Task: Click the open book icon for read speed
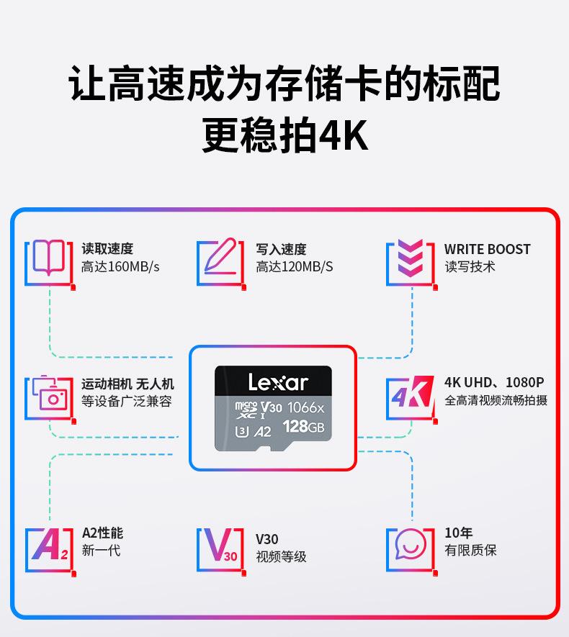coord(49,261)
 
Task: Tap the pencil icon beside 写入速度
coord(220,260)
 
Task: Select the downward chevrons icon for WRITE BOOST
coord(411,261)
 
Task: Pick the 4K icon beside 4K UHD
coord(411,397)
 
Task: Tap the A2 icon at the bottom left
coord(49,548)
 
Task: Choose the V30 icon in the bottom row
coord(220,549)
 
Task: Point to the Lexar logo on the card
coord(278,382)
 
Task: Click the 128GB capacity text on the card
coord(303,428)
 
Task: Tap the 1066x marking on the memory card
coord(306,408)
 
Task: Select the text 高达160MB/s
coord(120,267)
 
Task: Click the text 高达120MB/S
coord(295,267)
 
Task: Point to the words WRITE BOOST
coord(487,249)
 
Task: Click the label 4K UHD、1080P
coord(494,382)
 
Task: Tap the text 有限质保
coord(470,551)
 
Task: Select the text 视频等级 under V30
coord(281,556)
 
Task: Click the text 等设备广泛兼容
coord(127,402)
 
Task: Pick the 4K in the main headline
coord(343,136)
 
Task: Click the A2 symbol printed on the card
coord(263,432)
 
